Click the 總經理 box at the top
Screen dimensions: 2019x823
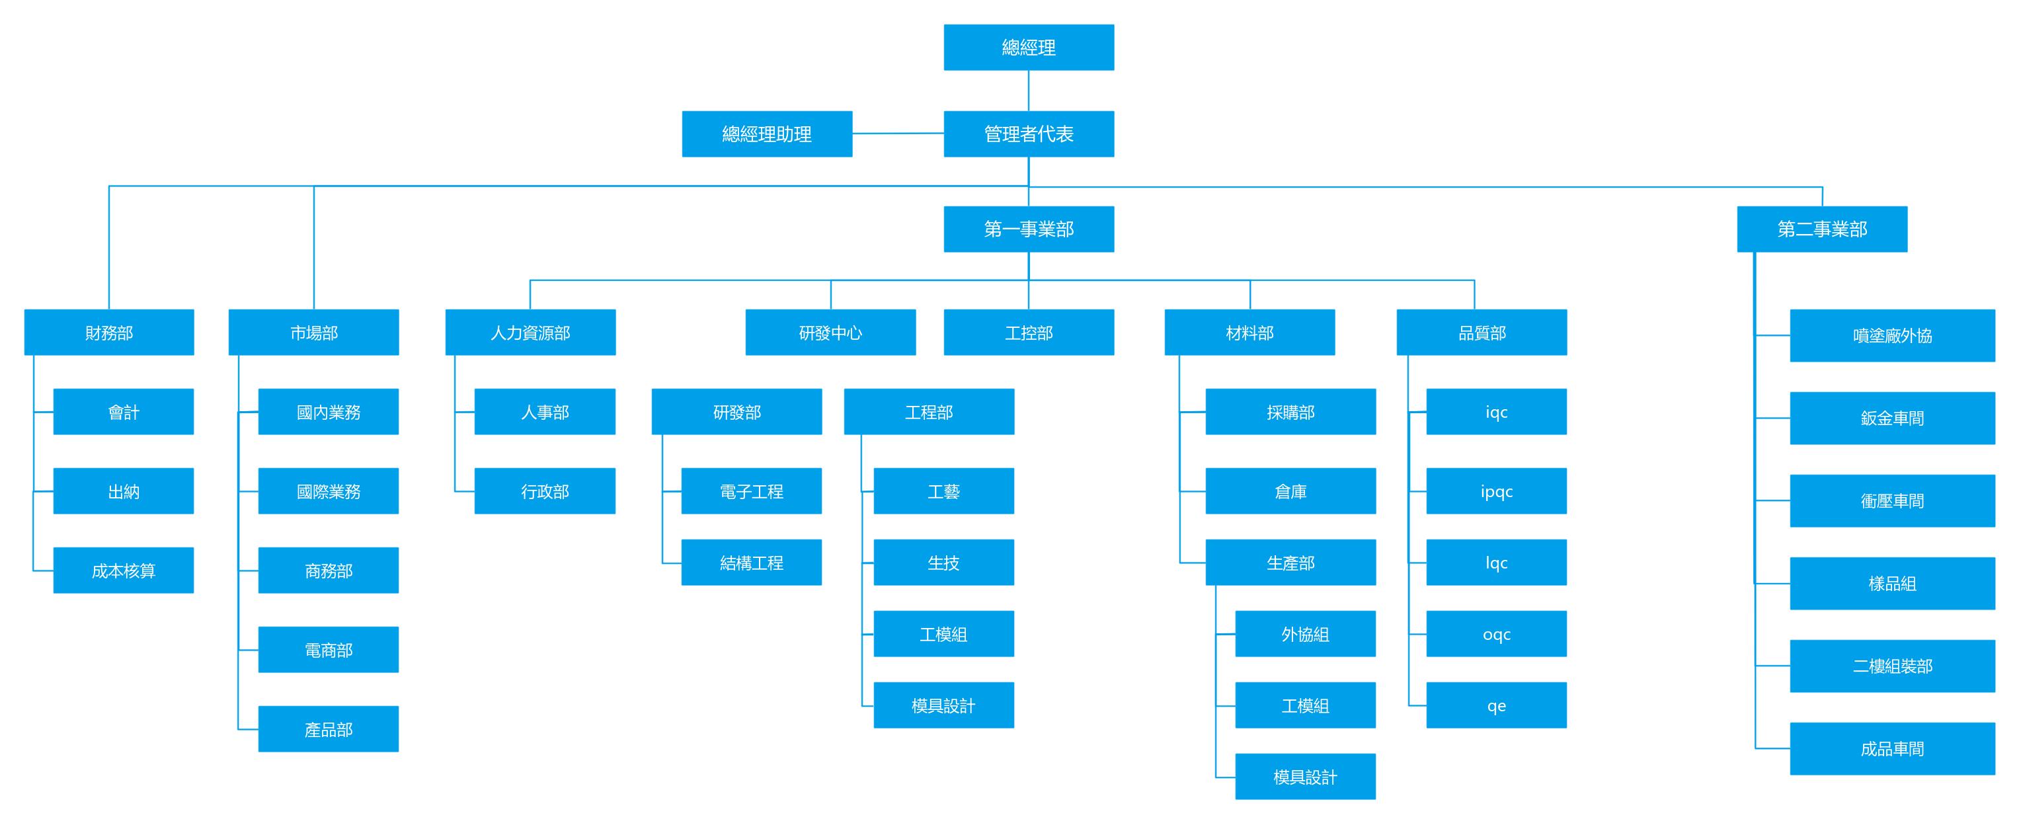1028,47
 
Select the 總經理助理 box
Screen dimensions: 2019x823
766,134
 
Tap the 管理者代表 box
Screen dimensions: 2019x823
1028,134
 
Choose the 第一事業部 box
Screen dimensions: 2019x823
1028,229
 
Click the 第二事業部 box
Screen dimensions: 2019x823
1821,229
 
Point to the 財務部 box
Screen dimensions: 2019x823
109,333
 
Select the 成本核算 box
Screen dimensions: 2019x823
123,570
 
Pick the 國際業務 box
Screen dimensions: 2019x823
329,490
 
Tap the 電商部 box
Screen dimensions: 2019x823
329,649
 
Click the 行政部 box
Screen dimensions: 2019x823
545,490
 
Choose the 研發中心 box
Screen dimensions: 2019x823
830,333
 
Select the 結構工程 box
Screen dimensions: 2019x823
752,562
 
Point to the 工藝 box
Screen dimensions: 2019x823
943,490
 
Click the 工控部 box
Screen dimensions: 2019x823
1028,333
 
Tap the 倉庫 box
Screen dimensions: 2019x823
1290,490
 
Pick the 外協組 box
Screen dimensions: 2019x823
1305,633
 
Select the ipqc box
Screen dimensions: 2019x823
1496,490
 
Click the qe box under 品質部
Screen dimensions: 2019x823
1496,705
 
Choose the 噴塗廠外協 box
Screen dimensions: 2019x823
1892,335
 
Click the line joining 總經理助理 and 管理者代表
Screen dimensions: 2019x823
898,134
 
